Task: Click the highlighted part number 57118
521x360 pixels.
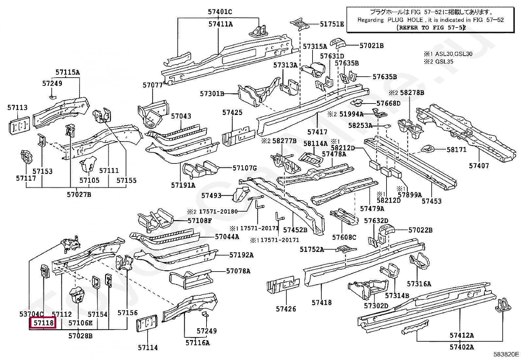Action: click(43, 323)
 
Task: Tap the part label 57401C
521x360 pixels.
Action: click(220, 12)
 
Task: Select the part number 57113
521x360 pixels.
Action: click(17, 107)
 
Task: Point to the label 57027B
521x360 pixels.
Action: click(79, 195)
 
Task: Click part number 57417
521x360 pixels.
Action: click(317, 132)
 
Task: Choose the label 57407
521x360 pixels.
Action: click(479, 165)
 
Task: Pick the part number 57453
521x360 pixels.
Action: click(431, 201)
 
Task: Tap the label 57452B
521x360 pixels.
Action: click(295, 230)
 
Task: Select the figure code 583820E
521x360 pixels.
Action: click(506, 354)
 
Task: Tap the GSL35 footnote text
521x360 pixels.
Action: click(444, 61)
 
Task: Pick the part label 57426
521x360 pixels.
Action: click(286, 309)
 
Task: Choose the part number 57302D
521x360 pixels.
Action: click(376, 306)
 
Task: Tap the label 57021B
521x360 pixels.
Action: click(371, 46)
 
